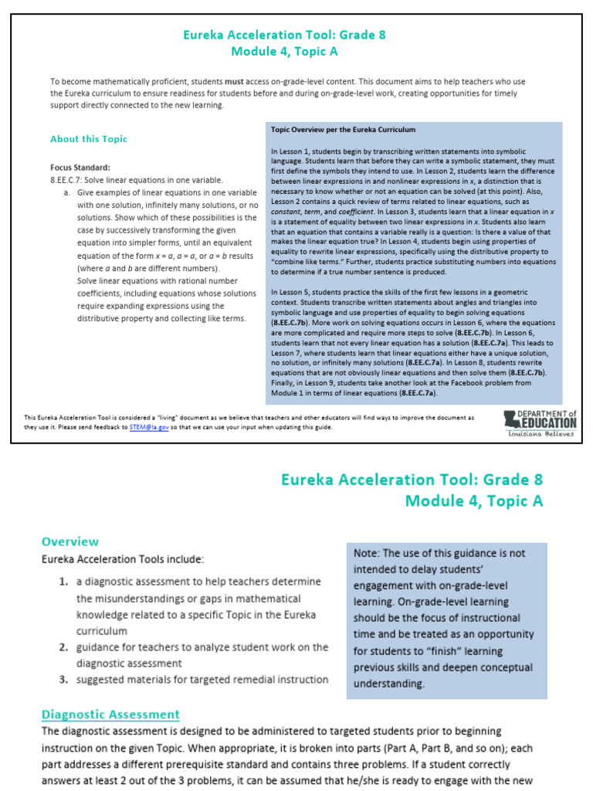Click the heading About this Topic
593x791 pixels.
click(x=88, y=139)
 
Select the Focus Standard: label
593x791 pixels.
click(x=80, y=167)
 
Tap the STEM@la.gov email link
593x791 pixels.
click(x=149, y=426)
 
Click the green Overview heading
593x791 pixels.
click(x=70, y=541)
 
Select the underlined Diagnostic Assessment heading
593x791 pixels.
click(x=110, y=715)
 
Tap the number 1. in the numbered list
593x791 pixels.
click(x=65, y=582)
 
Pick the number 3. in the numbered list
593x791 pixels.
click(x=65, y=680)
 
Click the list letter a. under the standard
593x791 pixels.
click(x=67, y=192)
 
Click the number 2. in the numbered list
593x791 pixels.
click(x=65, y=647)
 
